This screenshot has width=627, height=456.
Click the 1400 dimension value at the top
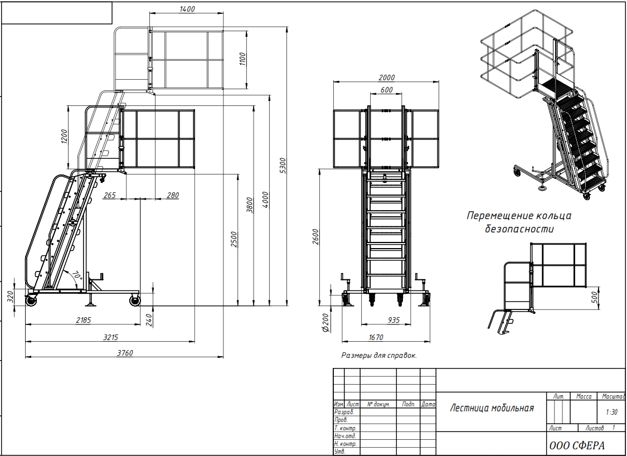[x=187, y=9]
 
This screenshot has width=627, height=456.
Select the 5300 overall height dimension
[x=283, y=166]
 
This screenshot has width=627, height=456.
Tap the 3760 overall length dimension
[x=125, y=353]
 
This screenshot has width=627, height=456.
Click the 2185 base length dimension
[x=83, y=320]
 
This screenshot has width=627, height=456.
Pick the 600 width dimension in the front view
[x=386, y=90]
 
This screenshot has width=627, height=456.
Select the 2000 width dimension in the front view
[x=386, y=77]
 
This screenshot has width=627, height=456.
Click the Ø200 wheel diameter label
[x=325, y=322]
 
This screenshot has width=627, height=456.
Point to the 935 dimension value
[x=393, y=320]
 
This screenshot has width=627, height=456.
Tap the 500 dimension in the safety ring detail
[x=594, y=297]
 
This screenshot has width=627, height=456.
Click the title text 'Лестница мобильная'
[x=492, y=408]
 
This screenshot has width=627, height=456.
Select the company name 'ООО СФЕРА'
[x=577, y=445]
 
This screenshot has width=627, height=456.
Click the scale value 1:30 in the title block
[x=611, y=412]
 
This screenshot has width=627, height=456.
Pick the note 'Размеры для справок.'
[x=379, y=355]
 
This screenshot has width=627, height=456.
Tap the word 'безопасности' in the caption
[x=519, y=229]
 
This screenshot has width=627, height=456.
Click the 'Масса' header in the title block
[x=584, y=396]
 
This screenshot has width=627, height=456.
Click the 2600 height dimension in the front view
[x=315, y=237]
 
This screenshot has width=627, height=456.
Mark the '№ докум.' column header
[x=378, y=404]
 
